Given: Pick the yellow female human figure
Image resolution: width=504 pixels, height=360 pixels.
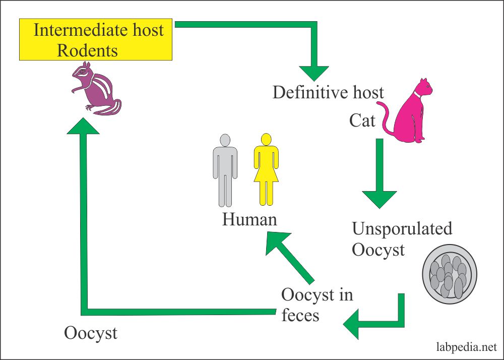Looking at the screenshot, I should [266, 169].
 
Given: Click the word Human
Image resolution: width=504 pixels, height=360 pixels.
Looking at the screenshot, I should [249, 219].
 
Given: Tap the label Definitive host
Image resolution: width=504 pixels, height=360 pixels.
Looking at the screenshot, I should [328, 92].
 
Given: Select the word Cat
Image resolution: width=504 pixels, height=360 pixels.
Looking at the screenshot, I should [362, 121].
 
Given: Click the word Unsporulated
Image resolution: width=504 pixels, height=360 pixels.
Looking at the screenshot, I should [402, 229].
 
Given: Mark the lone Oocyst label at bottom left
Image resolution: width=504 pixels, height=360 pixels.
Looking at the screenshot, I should [91, 333].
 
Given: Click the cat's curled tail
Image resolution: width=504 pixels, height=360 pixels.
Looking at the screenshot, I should [386, 118].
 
